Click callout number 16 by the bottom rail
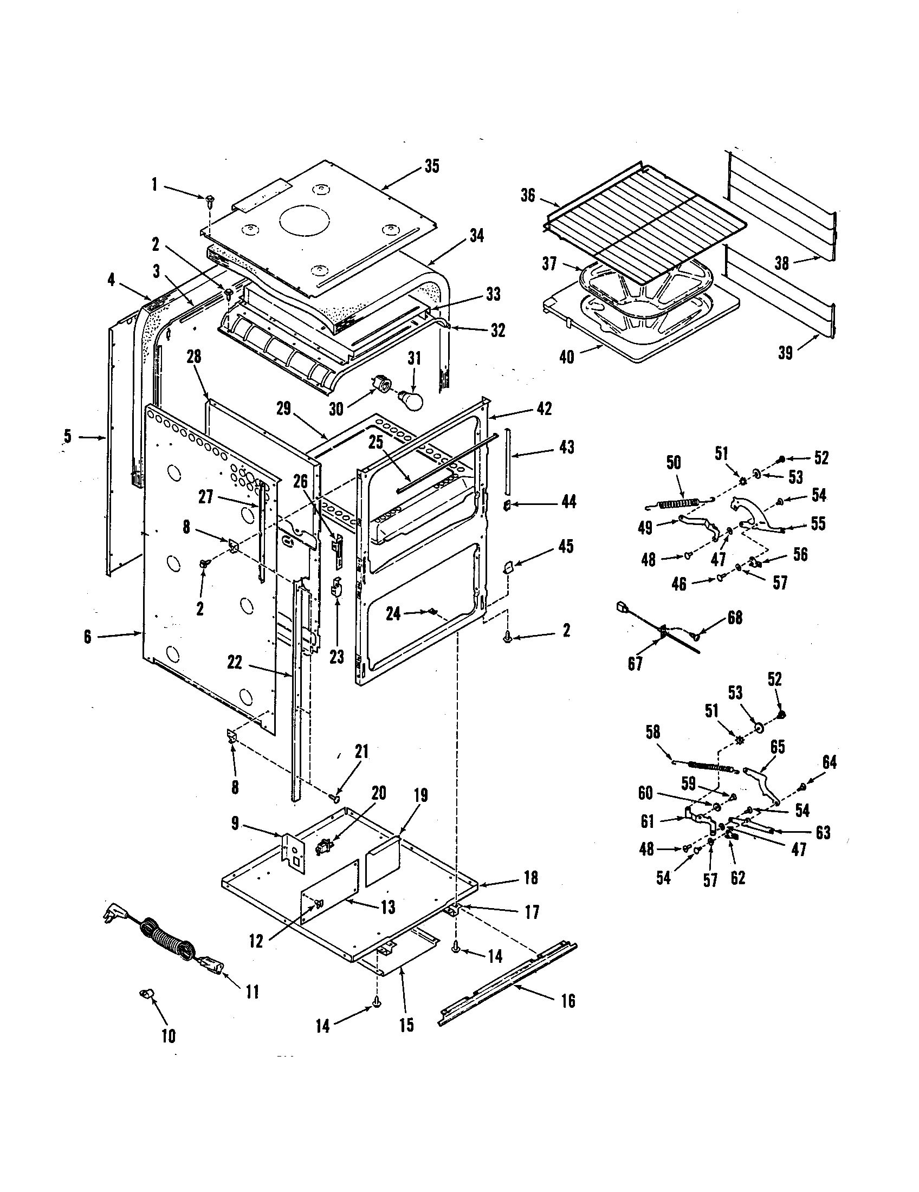[x=567, y=1001]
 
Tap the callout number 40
[x=566, y=358]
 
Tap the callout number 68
[x=735, y=618]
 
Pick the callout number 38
[x=782, y=263]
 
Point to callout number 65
[x=777, y=747]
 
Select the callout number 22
[x=235, y=662]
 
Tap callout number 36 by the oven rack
[x=528, y=196]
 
